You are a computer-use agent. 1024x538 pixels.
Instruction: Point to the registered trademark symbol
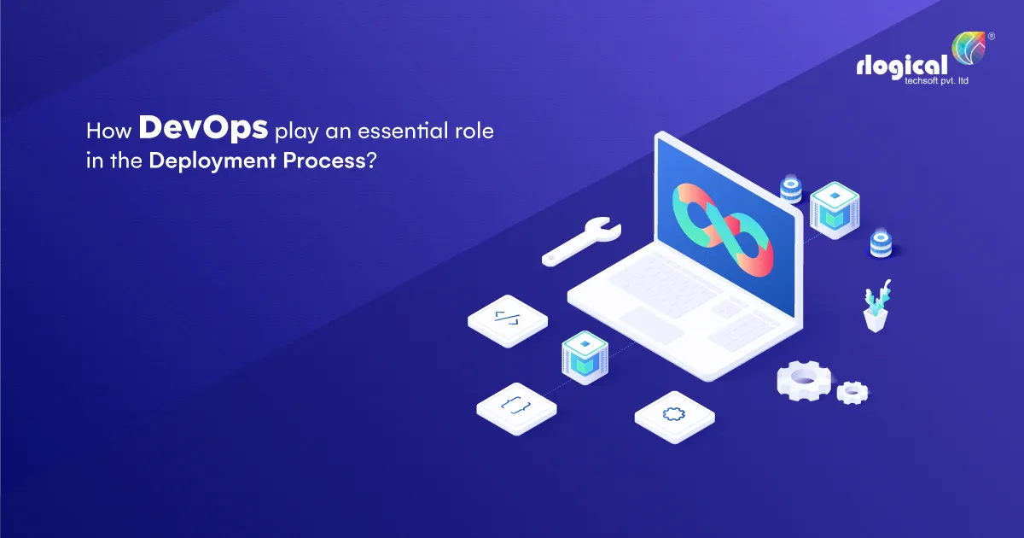click(x=991, y=37)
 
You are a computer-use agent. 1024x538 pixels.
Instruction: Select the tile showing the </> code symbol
click(x=507, y=319)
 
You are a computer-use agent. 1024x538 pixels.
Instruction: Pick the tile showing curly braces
click(x=516, y=406)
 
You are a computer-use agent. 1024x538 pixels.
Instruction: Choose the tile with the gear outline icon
click(x=674, y=414)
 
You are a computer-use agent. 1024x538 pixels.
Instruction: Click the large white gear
click(x=804, y=377)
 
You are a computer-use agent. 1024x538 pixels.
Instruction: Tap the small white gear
click(x=852, y=391)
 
